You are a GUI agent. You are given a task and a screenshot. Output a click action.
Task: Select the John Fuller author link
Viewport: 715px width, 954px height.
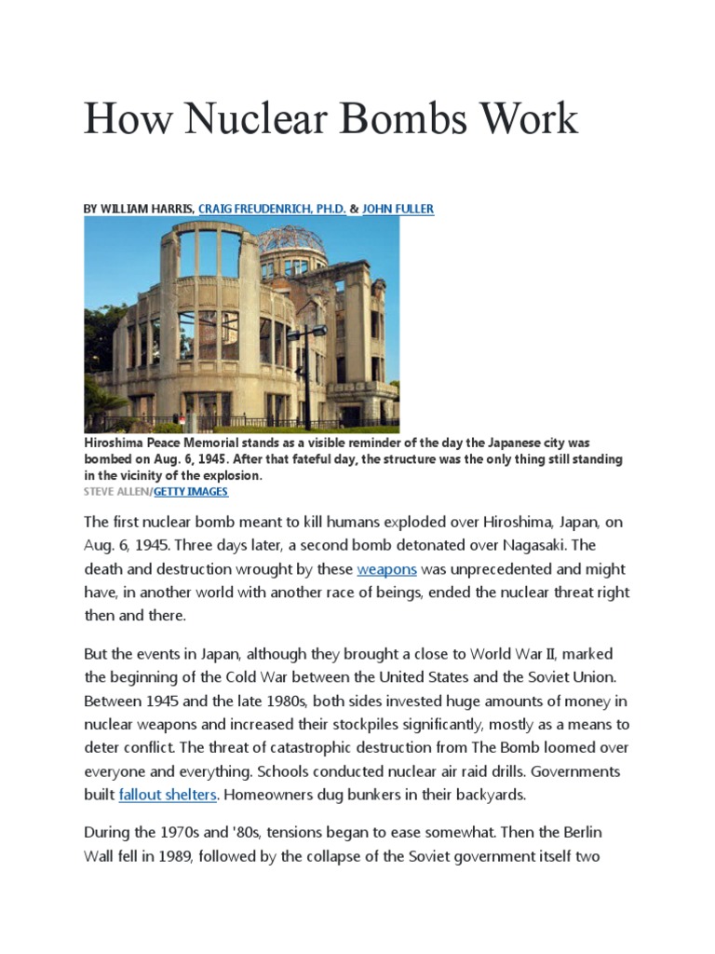398,210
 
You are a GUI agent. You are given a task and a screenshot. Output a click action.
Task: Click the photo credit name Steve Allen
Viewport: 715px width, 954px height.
115,491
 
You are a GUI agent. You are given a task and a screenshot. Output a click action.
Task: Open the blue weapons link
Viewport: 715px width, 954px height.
386,568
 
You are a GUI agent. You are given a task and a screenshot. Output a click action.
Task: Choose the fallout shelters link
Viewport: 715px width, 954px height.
168,796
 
